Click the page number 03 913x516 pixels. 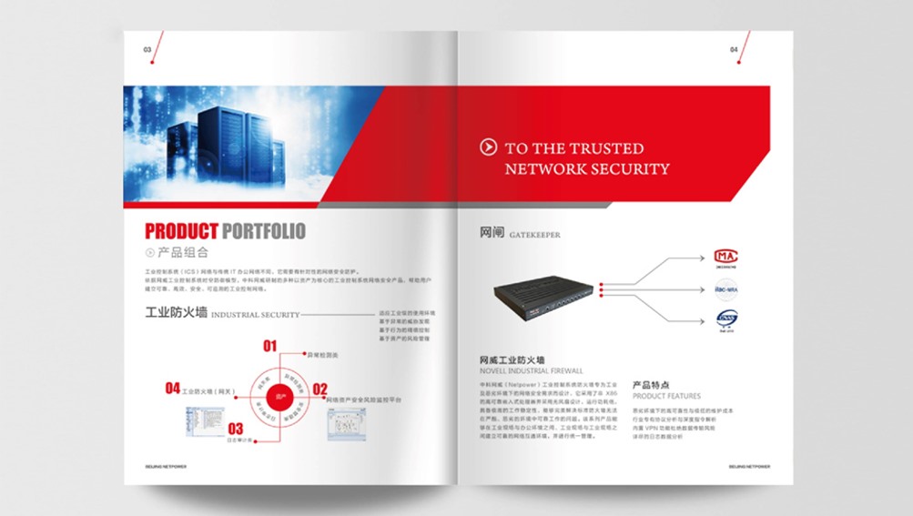click(x=147, y=50)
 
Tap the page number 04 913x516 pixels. click(x=734, y=50)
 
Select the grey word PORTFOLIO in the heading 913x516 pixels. click(x=264, y=231)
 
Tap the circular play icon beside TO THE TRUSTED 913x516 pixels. click(x=488, y=147)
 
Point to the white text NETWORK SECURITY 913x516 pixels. click(x=587, y=168)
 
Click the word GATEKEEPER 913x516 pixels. click(x=535, y=235)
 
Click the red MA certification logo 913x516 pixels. click(x=725, y=256)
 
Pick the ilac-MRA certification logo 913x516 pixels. click(x=725, y=289)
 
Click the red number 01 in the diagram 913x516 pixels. click(x=269, y=346)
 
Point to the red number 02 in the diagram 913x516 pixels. click(x=320, y=390)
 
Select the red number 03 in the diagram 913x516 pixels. click(x=236, y=429)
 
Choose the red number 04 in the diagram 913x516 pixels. click(x=172, y=389)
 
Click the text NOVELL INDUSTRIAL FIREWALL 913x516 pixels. click(x=532, y=371)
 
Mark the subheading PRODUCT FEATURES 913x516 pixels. click(x=666, y=396)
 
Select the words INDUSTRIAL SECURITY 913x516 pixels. click(x=256, y=316)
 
